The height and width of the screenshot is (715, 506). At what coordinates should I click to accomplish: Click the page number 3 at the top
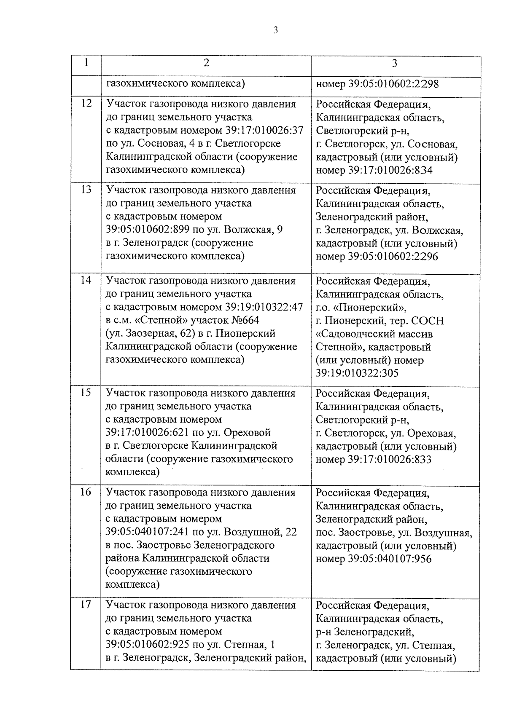pos(275,30)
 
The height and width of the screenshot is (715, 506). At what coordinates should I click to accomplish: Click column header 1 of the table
pos(86,63)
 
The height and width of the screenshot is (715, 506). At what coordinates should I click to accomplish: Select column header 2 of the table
pos(206,63)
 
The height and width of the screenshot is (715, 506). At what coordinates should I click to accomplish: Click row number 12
pos(86,103)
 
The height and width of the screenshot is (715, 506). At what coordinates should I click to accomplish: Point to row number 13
pos(86,190)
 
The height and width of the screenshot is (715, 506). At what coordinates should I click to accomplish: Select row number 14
pos(86,280)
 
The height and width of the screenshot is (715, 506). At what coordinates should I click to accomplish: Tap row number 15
pos(86,393)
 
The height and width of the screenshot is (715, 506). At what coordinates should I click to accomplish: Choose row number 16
pos(86,492)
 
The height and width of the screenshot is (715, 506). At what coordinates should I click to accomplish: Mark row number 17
pos(86,605)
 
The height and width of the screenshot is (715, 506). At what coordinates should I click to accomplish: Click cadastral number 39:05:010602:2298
pos(393,84)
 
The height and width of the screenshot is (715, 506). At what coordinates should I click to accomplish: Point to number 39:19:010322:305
pos(357,373)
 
